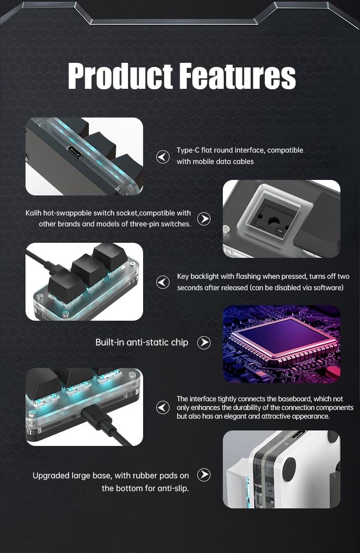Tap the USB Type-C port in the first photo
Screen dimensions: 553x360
(74, 152)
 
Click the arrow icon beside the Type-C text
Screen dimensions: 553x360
(163, 157)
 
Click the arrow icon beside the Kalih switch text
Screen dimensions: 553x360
(204, 219)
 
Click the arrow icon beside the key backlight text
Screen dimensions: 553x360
(163, 282)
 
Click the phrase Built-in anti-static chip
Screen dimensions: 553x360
(142, 343)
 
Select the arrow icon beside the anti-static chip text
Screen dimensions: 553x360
(204, 343)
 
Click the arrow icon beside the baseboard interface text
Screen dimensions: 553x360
(163, 407)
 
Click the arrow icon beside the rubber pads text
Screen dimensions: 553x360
(204, 475)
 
